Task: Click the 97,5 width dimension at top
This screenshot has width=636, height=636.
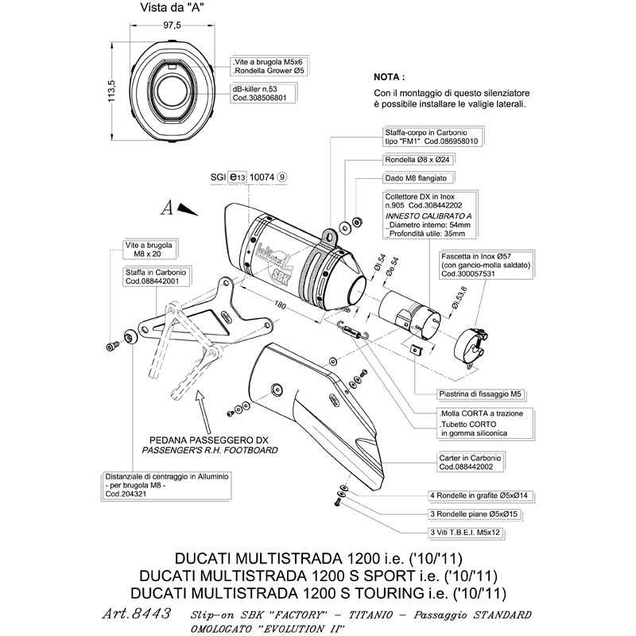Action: [172, 25]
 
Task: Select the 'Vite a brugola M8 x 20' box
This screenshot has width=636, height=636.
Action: [149, 250]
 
